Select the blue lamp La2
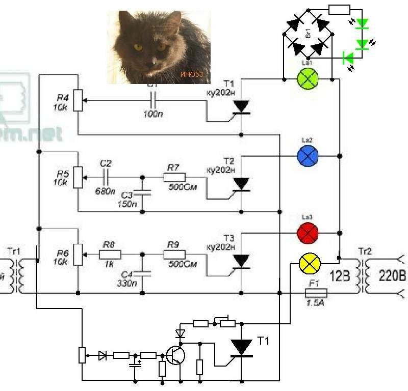click(308, 155)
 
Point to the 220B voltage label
click(392, 275)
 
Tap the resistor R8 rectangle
click(110, 255)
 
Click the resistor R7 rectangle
click(174, 177)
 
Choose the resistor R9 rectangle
click(174, 255)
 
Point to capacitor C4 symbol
click(143, 273)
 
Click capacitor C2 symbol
click(106, 177)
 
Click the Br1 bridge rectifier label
click(308, 35)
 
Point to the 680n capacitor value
click(105, 192)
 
